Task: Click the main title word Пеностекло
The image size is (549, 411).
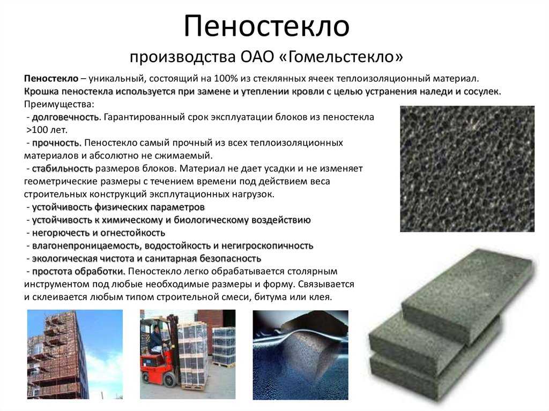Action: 267,27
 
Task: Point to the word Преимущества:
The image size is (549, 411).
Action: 59,104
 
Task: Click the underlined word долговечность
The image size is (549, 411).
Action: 65,117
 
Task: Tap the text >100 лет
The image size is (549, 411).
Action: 47,130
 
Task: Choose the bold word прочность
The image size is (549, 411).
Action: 57,143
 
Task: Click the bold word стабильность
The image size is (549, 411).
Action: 63,168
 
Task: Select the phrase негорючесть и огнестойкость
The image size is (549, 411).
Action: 99,233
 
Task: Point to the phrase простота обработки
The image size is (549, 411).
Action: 79,271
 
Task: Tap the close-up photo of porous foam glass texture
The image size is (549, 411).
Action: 468,169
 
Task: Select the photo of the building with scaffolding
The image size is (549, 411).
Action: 75,354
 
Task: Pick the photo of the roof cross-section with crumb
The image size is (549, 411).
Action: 300,355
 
